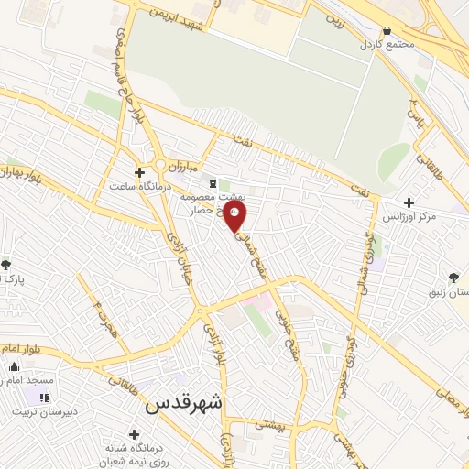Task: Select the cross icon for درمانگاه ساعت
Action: tap(139, 171)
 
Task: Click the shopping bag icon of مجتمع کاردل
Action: tap(388, 31)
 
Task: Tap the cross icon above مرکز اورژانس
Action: tap(409, 202)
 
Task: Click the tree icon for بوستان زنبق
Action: tap(455, 278)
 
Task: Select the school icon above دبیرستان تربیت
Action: tap(43, 397)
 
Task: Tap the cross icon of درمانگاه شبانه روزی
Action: tap(135, 434)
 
